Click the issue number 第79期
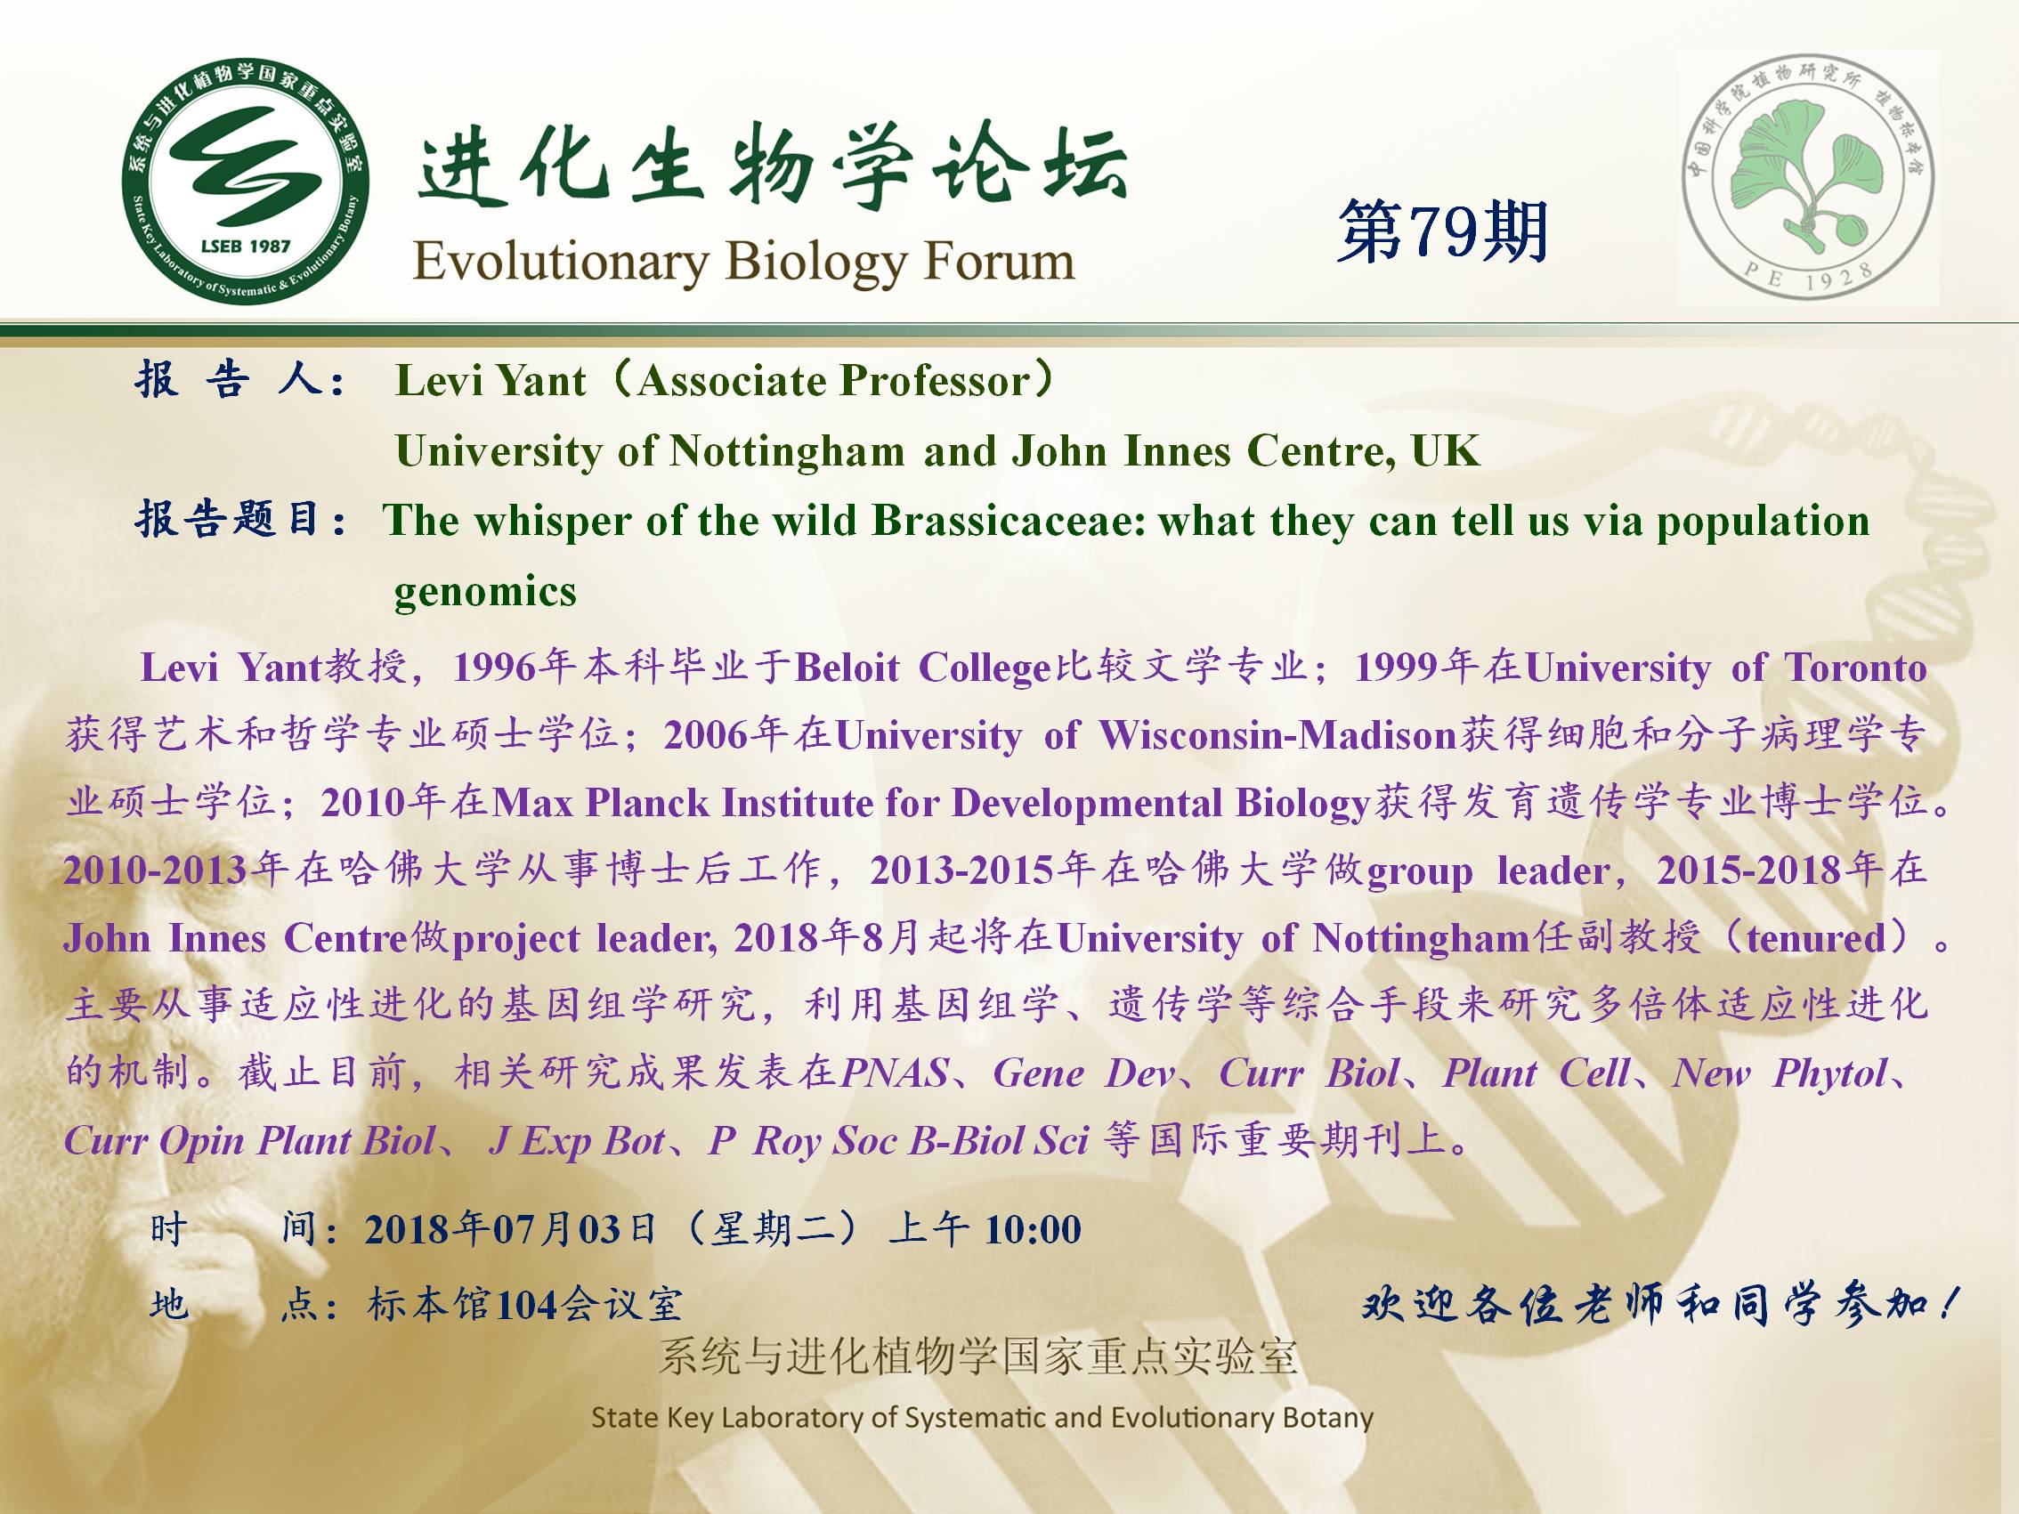1443,232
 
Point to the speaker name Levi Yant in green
491,381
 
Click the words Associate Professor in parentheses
834,382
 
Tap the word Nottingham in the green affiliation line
787,451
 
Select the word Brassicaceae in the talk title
1009,520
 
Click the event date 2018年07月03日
511,1229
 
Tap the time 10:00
1034,1230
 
